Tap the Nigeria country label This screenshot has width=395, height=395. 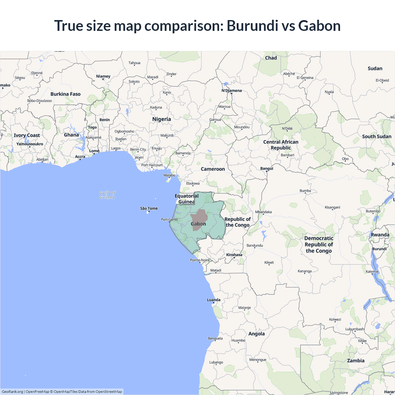click(x=161, y=119)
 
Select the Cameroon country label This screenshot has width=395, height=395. click(x=213, y=169)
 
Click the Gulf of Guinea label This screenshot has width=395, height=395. click(x=107, y=195)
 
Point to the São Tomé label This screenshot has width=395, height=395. click(x=149, y=209)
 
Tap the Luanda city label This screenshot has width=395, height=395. click(x=214, y=300)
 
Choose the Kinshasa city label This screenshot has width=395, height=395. click(x=234, y=255)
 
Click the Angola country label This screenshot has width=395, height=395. click(x=256, y=334)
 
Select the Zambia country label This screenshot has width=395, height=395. click(x=355, y=360)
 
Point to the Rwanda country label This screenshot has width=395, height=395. click(x=380, y=235)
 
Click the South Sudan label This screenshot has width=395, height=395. click(x=376, y=136)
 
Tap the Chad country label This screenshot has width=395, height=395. click(x=271, y=58)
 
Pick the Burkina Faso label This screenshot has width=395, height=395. click(x=65, y=94)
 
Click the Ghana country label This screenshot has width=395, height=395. click(x=71, y=135)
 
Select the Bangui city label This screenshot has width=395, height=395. click(x=267, y=168)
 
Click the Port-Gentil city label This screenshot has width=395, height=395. click(x=169, y=220)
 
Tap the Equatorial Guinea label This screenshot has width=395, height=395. click(x=186, y=199)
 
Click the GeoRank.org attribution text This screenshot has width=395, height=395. click(x=12, y=392)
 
